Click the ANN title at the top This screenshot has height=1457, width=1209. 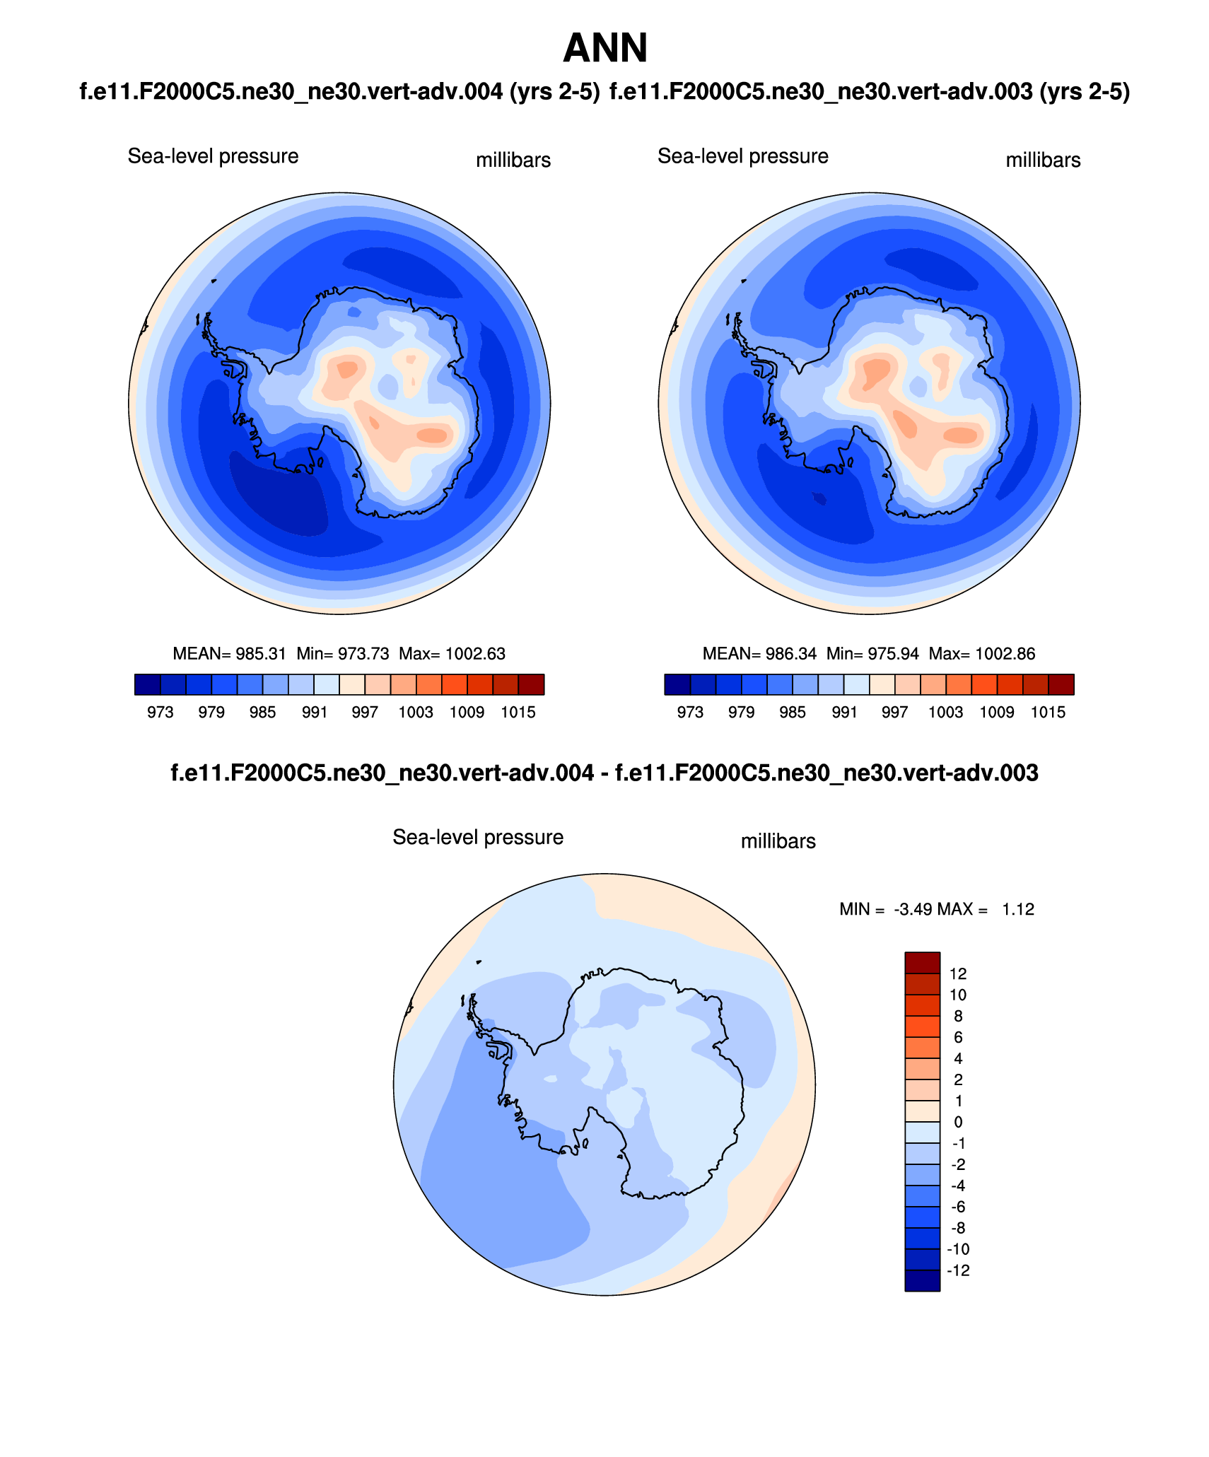604,48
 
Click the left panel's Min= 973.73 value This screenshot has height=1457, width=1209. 343,654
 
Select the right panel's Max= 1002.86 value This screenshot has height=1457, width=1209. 982,654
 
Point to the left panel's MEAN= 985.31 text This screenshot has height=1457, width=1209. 229,654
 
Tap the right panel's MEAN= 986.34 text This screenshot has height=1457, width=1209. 759,654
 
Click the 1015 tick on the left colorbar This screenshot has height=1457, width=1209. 518,713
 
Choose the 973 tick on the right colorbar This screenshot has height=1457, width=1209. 690,713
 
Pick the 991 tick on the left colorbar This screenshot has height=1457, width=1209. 314,713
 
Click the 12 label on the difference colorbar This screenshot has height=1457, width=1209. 958,974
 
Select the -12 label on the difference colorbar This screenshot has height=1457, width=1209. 958,1271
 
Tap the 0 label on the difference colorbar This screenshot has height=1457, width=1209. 958,1123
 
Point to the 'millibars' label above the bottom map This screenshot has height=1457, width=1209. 778,841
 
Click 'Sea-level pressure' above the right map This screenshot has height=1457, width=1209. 742,156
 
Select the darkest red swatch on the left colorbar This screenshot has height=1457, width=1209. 531,685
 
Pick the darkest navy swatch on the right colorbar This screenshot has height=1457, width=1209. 677,685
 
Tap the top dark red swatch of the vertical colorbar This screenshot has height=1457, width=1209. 922,963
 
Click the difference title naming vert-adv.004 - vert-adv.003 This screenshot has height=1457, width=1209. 604,773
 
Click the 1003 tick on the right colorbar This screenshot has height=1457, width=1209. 945,713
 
